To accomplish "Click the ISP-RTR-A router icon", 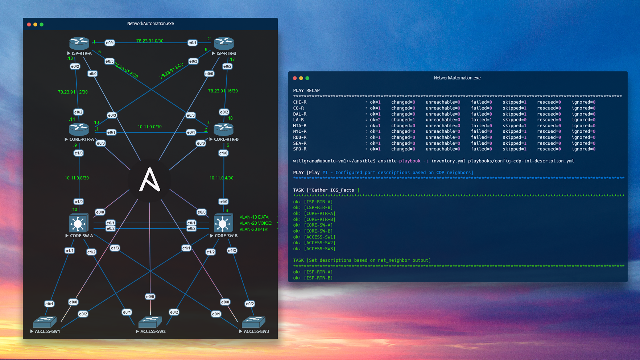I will (79, 43).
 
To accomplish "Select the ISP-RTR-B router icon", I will (224, 43).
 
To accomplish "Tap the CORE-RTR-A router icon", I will (79, 129).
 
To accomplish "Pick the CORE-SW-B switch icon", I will (223, 223).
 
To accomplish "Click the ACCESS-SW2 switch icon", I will (150, 322).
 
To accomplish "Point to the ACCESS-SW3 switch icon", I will (253, 322).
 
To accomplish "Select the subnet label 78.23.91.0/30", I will (150, 41).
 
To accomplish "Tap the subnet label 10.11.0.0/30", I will (149, 127).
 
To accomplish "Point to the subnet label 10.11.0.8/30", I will (77, 178).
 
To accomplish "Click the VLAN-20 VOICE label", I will (256, 223).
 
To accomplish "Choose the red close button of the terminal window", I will (295, 78).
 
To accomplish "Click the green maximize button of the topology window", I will (42, 25).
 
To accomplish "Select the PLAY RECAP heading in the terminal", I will (306, 91).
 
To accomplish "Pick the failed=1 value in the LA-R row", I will (481, 120).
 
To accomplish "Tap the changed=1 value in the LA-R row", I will (403, 120).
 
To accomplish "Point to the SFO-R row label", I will (300, 149).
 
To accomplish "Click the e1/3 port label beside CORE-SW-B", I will (232, 251).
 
